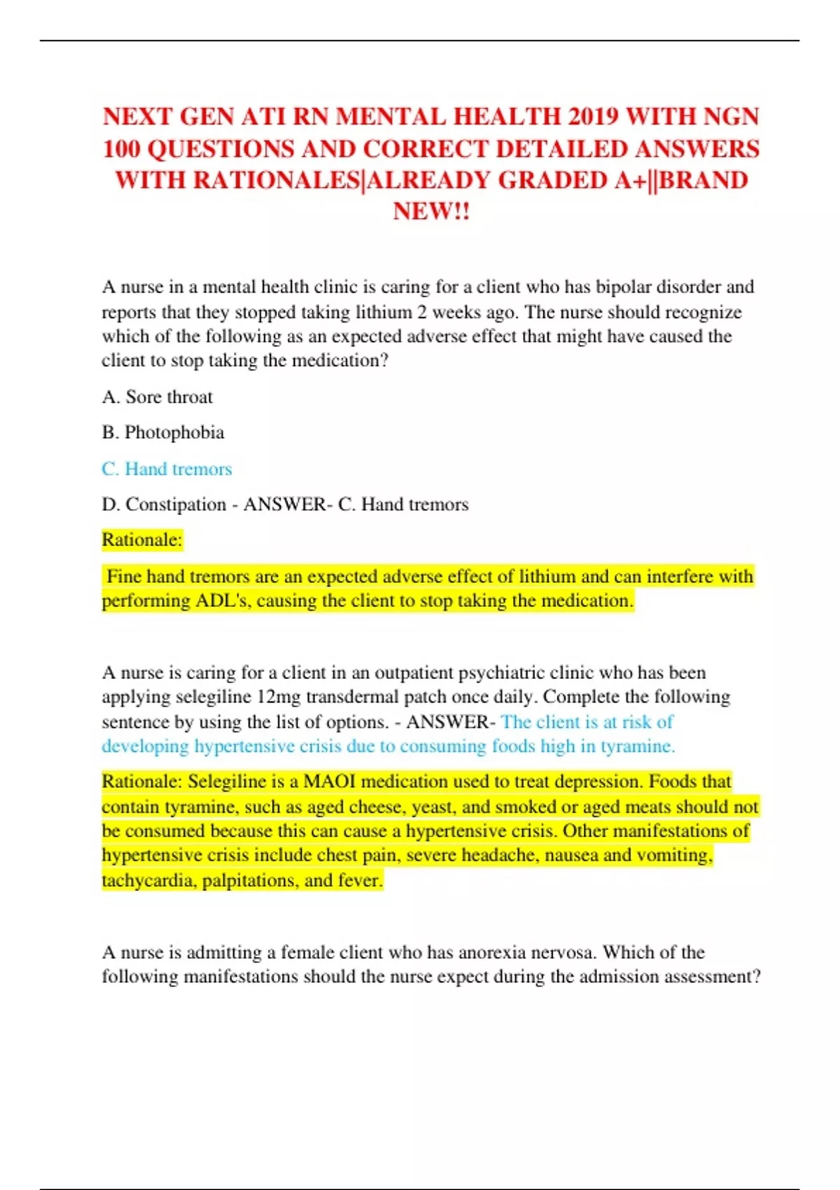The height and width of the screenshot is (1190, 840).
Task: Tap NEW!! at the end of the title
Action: pos(431,211)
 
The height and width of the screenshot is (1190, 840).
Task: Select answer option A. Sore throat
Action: pos(157,397)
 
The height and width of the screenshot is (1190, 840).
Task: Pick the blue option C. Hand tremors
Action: pos(167,469)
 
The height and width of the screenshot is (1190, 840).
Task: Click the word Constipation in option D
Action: pos(176,505)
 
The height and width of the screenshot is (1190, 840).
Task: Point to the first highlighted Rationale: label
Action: pos(142,540)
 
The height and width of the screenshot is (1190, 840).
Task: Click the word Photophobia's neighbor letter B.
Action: pos(109,433)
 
